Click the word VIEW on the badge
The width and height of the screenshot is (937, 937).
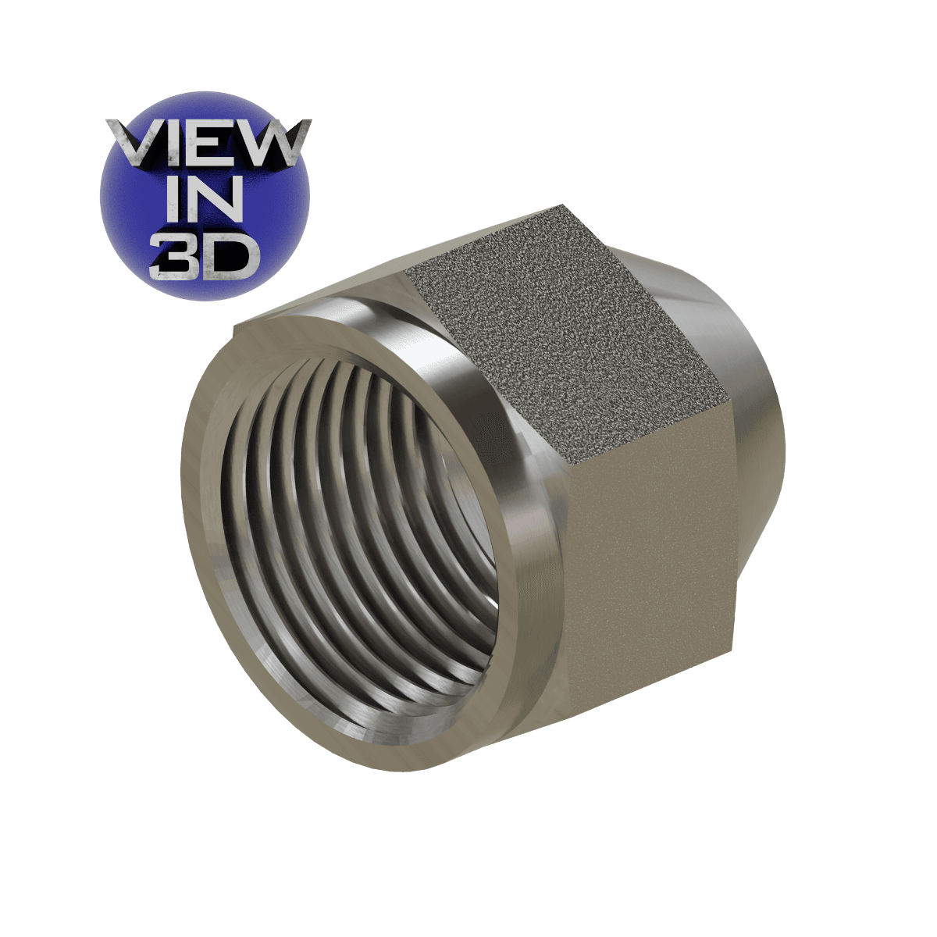pyautogui.click(x=206, y=146)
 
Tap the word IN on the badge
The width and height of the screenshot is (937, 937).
pyautogui.click(x=205, y=203)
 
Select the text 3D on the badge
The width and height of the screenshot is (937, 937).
pyautogui.click(x=205, y=255)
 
